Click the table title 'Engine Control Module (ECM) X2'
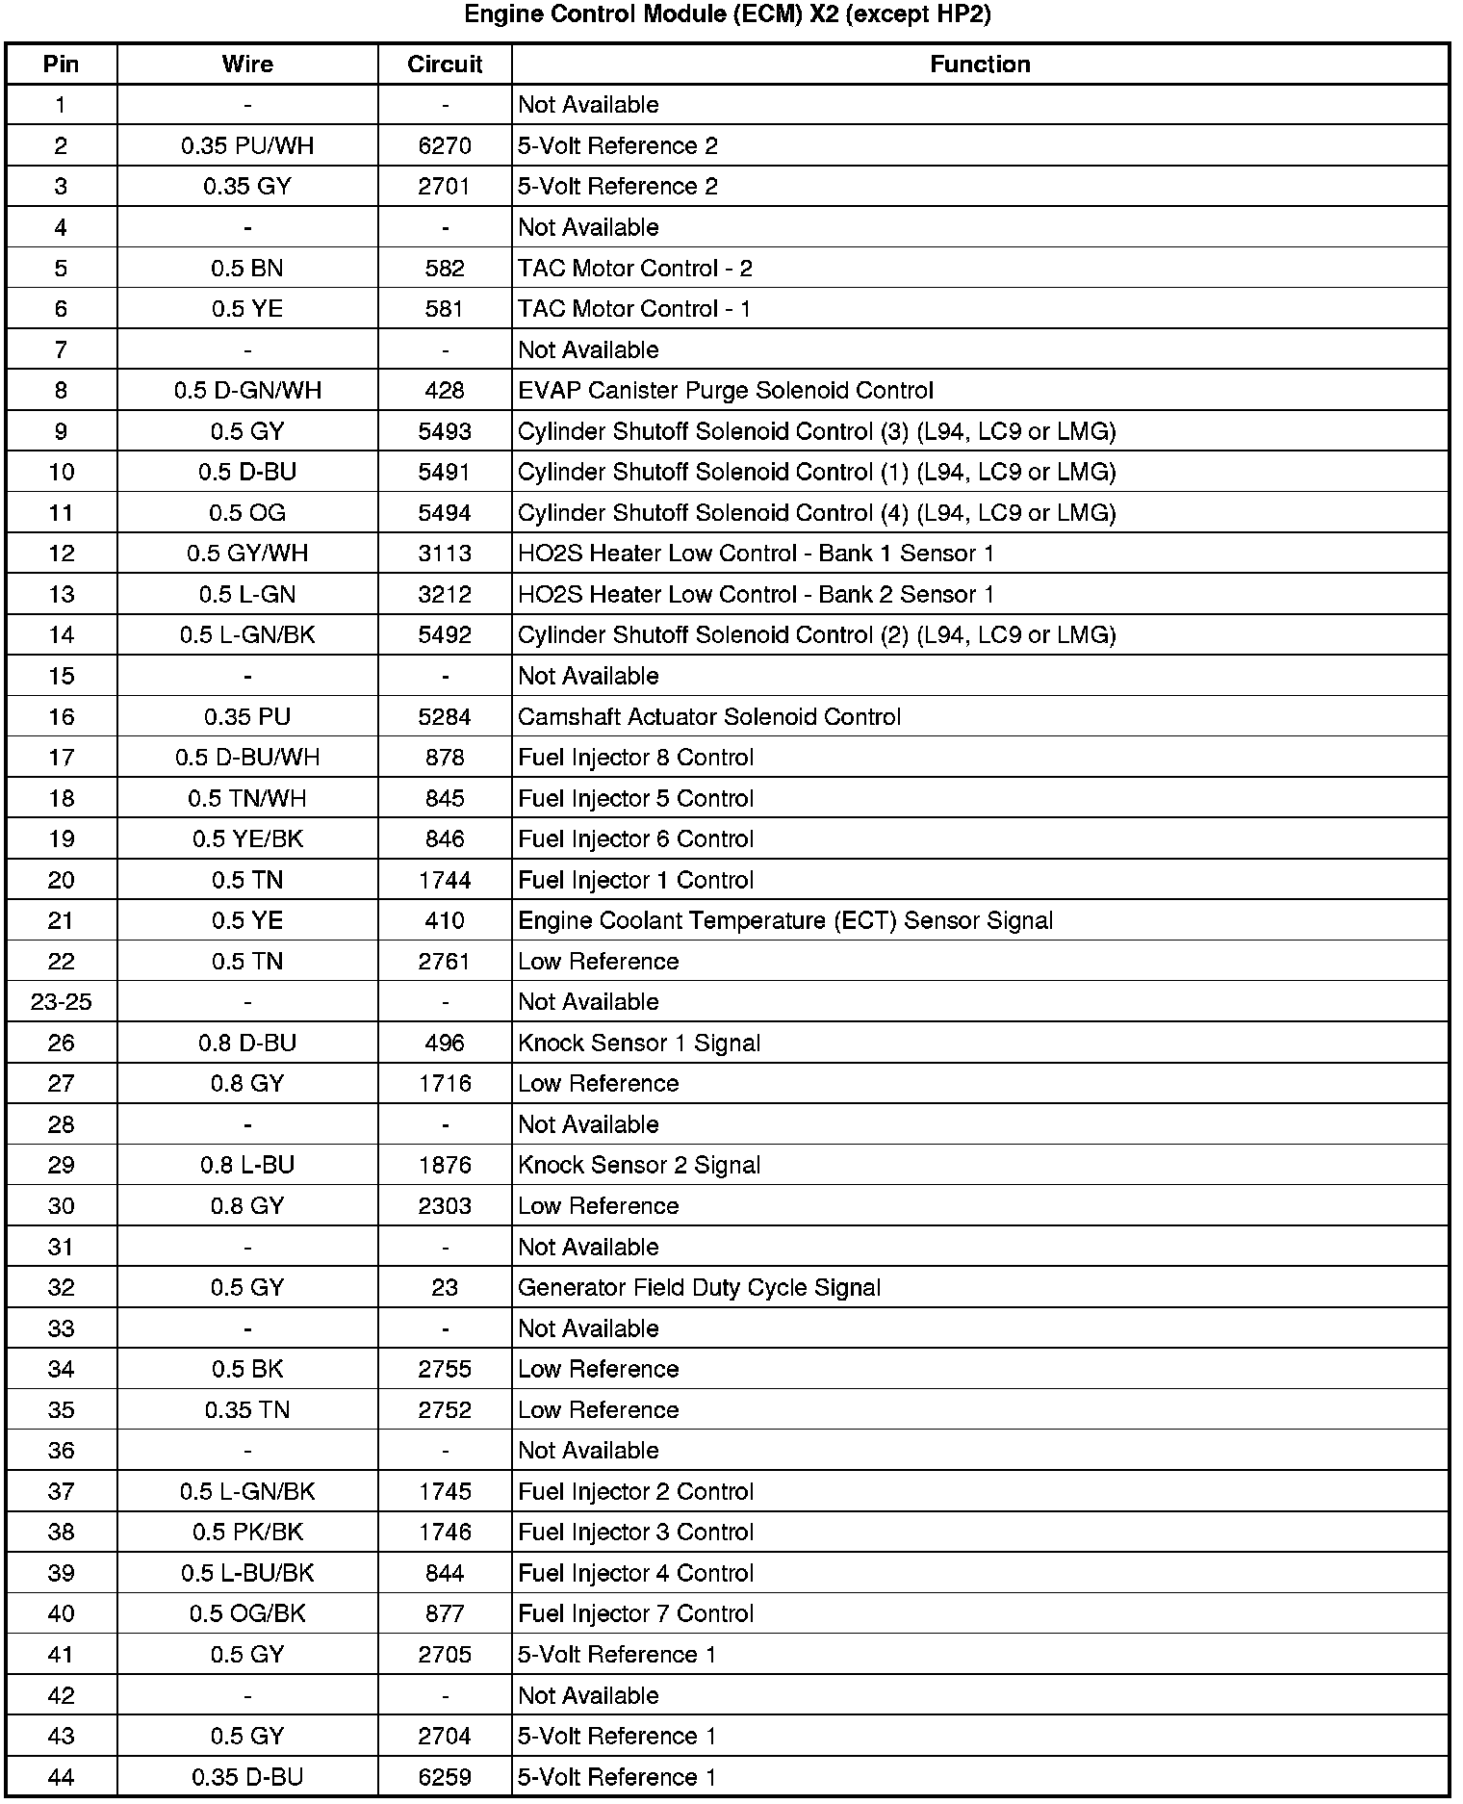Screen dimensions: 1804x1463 [x=728, y=15]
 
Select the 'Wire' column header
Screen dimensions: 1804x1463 [x=247, y=64]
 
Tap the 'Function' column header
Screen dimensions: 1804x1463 [x=980, y=64]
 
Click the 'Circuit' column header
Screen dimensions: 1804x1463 [x=445, y=64]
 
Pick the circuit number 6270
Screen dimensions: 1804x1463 [x=445, y=146]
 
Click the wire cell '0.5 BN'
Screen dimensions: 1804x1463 [x=247, y=269]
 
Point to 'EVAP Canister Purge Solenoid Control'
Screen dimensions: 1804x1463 [x=726, y=391]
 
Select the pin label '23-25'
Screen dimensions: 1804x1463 [x=62, y=1002]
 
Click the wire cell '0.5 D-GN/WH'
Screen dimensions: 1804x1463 [x=247, y=391]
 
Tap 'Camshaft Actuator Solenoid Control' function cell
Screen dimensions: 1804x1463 [x=709, y=717]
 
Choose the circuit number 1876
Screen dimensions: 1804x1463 [x=445, y=1166]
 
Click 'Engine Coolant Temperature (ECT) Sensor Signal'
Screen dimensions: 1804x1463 [x=785, y=921]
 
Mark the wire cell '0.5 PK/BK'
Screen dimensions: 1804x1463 [x=247, y=1533]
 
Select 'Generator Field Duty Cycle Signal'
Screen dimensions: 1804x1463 [x=699, y=1288]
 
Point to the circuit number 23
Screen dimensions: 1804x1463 [x=445, y=1288]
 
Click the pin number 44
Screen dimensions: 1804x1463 [x=62, y=1778]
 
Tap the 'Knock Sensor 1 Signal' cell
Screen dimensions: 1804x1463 [x=639, y=1044]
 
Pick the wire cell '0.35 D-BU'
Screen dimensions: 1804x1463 [x=247, y=1778]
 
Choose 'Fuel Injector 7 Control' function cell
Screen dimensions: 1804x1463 [x=635, y=1614]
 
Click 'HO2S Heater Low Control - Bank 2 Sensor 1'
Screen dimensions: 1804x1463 [x=756, y=595]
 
